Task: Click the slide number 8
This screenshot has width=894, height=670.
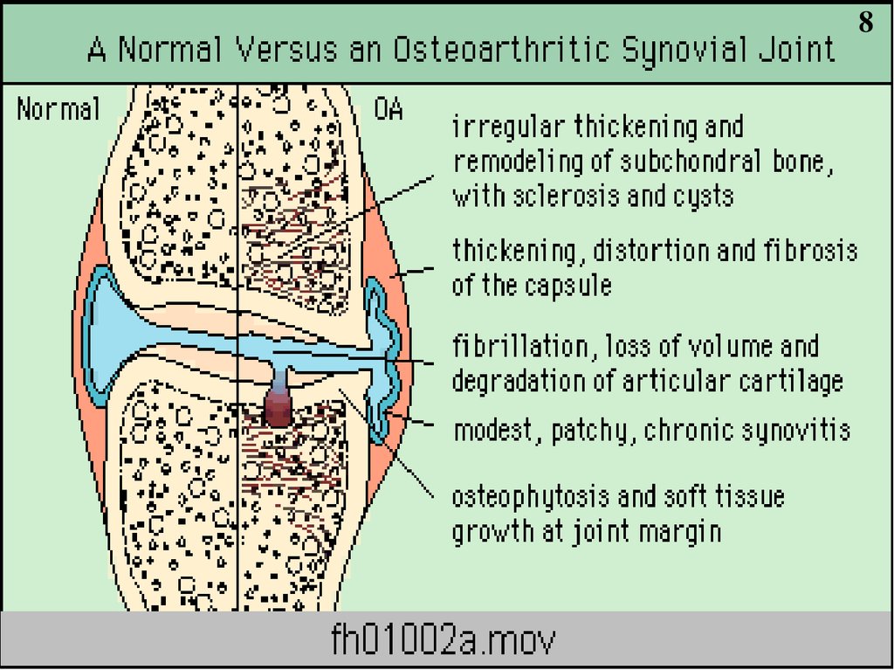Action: [x=865, y=24]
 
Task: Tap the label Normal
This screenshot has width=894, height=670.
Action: [x=58, y=110]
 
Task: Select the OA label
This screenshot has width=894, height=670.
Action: [x=388, y=110]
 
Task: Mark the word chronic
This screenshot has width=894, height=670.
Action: [x=681, y=431]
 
